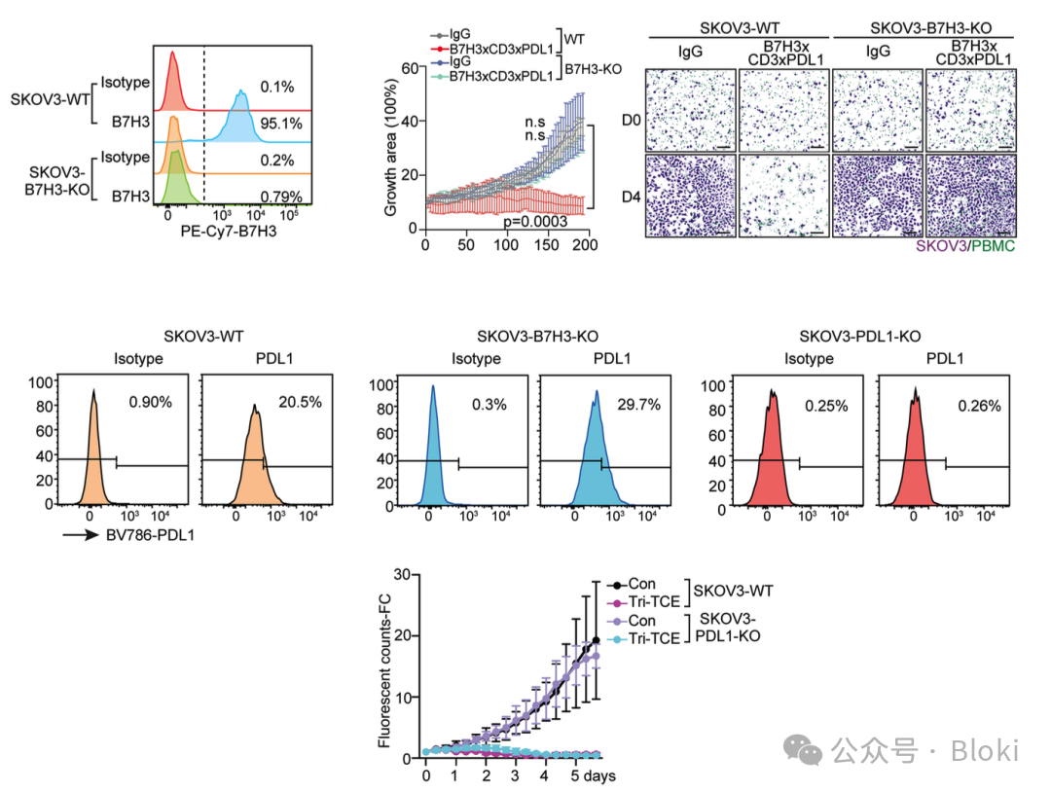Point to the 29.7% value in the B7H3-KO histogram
click(x=638, y=403)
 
